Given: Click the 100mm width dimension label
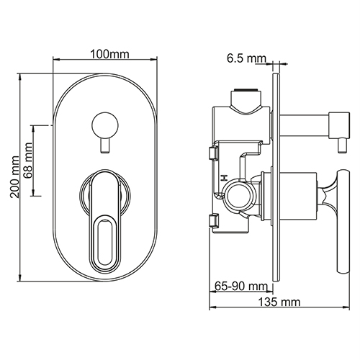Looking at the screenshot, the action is (x=109, y=55).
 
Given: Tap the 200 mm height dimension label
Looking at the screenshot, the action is (x=14, y=176).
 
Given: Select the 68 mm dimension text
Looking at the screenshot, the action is (x=28, y=160).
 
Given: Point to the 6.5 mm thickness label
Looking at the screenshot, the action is (x=247, y=58).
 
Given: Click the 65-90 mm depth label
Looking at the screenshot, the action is (x=240, y=287).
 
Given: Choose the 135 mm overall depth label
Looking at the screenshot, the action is (x=279, y=302).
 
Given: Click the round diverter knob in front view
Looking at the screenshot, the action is (x=105, y=126).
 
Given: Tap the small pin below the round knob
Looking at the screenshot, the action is (x=105, y=146).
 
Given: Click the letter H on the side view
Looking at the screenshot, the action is (x=225, y=178).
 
